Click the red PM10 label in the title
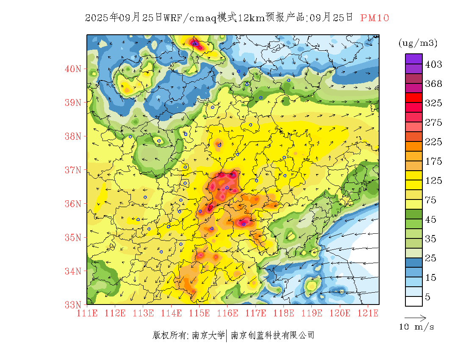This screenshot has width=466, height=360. pyautogui.click(x=374, y=18)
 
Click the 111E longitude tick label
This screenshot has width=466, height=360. pyautogui.click(x=87, y=313)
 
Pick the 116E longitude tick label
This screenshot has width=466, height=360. pyautogui.click(x=227, y=313)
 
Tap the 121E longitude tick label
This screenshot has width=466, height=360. pyautogui.click(x=368, y=313)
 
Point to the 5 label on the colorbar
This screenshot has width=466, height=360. pyautogui.click(x=428, y=297)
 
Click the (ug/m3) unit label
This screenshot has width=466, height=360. pyautogui.click(x=418, y=43)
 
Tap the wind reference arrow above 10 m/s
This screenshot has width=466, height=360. pyautogui.click(x=415, y=317)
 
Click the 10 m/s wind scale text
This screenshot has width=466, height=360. pyautogui.click(x=416, y=327)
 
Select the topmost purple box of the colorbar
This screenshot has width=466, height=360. pyautogui.click(x=413, y=58)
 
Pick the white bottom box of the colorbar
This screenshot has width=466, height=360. pyautogui.click(x=413, y=301)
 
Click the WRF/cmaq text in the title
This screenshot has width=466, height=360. pyautogui.click(x=190, y=18)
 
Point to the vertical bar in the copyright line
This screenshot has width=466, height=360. pyautogui.click(x=227, y=335)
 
